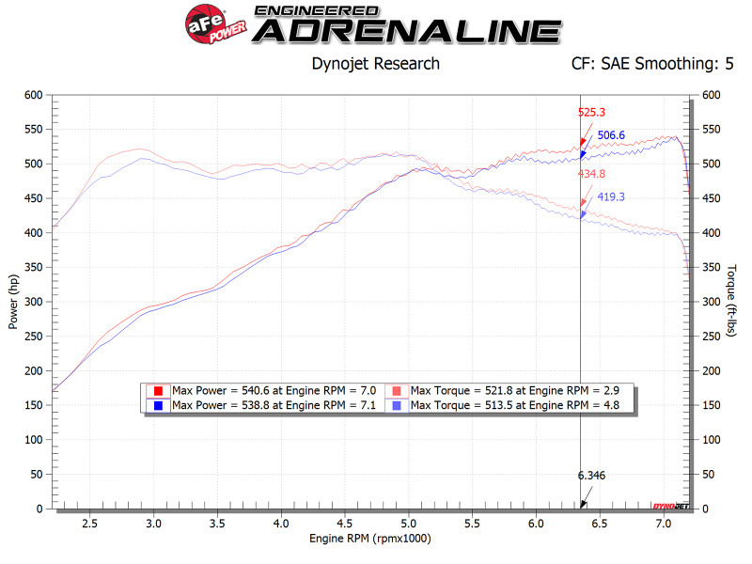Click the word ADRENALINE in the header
coord(407,30)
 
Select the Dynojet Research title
coord(375,65)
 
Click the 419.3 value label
coord(614,197)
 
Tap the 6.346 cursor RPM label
coord(592,476)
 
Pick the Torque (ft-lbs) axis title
coord(731,301)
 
